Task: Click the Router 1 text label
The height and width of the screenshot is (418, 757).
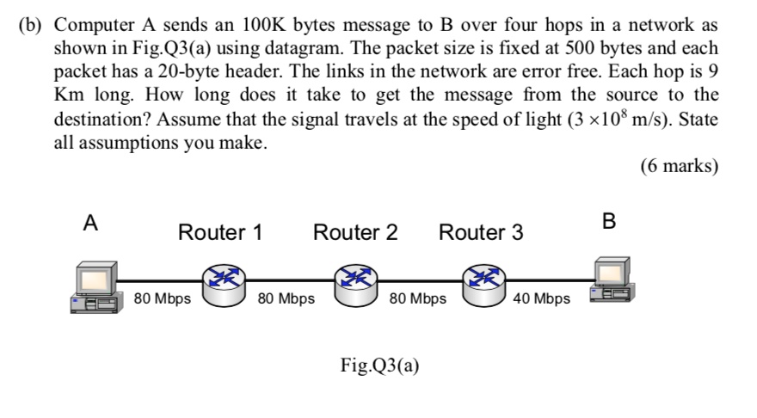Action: coord(219,232)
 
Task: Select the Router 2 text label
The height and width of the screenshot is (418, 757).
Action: coord(355,232)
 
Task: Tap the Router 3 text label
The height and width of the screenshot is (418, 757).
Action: coord(481,232)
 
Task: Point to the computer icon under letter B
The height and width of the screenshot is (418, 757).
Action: coord(610,281)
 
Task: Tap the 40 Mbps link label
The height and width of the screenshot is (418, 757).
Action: coord(541,299)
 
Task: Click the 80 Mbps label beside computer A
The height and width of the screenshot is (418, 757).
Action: coord(163,299)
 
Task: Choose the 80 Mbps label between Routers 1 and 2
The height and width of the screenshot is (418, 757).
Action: coord(286,299)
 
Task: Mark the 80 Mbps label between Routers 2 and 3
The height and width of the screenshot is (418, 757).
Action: coord(417,299)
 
